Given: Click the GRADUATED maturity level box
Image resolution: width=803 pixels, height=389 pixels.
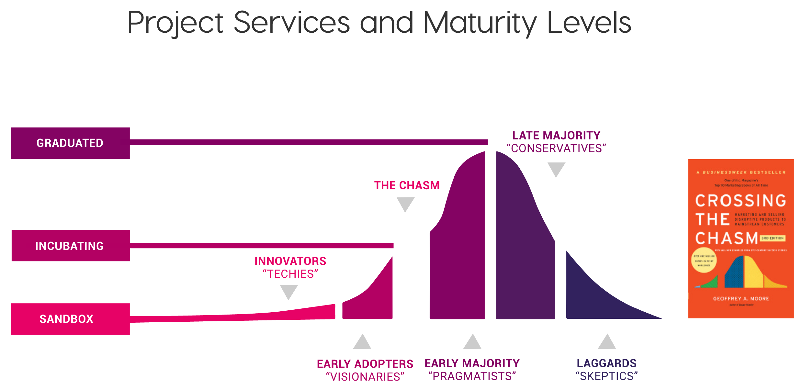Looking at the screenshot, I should click(x=70, y=143).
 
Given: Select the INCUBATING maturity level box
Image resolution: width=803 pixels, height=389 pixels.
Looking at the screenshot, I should click(x=71, y=246).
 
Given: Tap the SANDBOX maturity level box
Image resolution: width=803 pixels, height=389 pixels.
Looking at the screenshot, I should click(x=70, y=319).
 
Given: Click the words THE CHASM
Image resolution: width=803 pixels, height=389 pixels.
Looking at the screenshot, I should click(x=407, y=185).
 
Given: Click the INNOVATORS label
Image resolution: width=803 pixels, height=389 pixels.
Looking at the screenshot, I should click(x=290, y=261).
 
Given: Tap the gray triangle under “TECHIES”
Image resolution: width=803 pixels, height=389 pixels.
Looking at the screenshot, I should click(x=289, y=291).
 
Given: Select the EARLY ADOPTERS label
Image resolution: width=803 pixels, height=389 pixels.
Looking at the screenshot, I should click(x=365, y=364).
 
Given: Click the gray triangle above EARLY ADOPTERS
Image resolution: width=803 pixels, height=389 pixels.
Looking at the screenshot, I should click(x=362, y=342).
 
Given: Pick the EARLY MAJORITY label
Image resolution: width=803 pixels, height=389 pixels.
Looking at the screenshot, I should click(x=472, y=363).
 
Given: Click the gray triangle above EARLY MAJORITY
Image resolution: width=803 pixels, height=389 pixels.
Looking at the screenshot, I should click(x=472, y=342).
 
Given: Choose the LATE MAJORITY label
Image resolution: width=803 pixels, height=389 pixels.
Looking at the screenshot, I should click(x=556, y=135).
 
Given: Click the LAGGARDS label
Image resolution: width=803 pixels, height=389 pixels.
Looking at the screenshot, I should click(x=606, y=363).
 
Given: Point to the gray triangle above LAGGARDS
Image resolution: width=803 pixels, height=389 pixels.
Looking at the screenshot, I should click(x=607, y=342).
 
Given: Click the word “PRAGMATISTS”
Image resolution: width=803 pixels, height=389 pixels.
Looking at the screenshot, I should click(x=472, y=376).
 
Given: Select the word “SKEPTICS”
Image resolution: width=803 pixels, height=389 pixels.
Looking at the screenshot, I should click(x=606, y=376).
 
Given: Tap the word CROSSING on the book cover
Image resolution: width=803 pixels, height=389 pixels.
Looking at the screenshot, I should click(x=741, y=201).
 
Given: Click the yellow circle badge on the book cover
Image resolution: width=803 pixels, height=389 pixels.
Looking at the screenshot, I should click(x=704, y=260).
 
